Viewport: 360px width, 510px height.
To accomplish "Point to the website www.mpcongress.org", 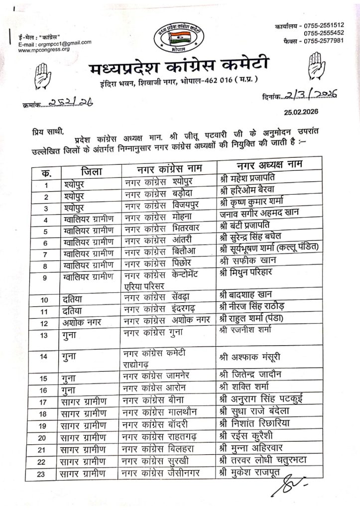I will [x=43, y=49].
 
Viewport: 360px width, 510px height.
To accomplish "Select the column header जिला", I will [x=92, y=172].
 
